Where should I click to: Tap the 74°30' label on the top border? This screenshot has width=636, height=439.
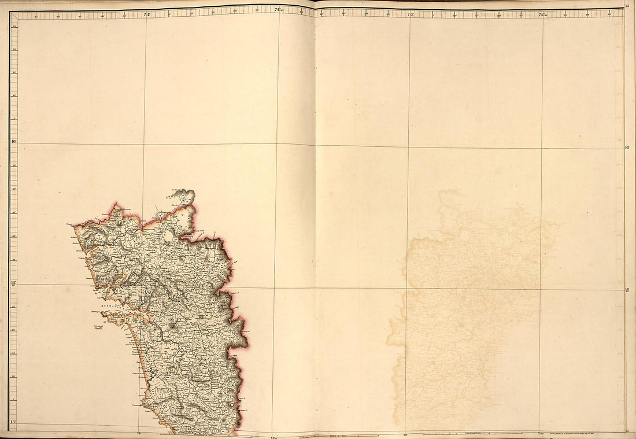[279, 9]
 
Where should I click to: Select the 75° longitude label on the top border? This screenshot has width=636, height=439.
[411, 12]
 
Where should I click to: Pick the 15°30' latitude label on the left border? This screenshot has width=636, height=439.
[13, 283]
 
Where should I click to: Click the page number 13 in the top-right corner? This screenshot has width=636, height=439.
[628, 6]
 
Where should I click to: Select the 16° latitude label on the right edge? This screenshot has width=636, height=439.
[628, 147]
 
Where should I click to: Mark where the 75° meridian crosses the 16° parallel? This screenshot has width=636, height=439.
[409, 146]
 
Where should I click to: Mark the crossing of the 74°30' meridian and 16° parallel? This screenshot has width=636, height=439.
[278, 145]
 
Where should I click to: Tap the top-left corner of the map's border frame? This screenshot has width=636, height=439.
[10, 12]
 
